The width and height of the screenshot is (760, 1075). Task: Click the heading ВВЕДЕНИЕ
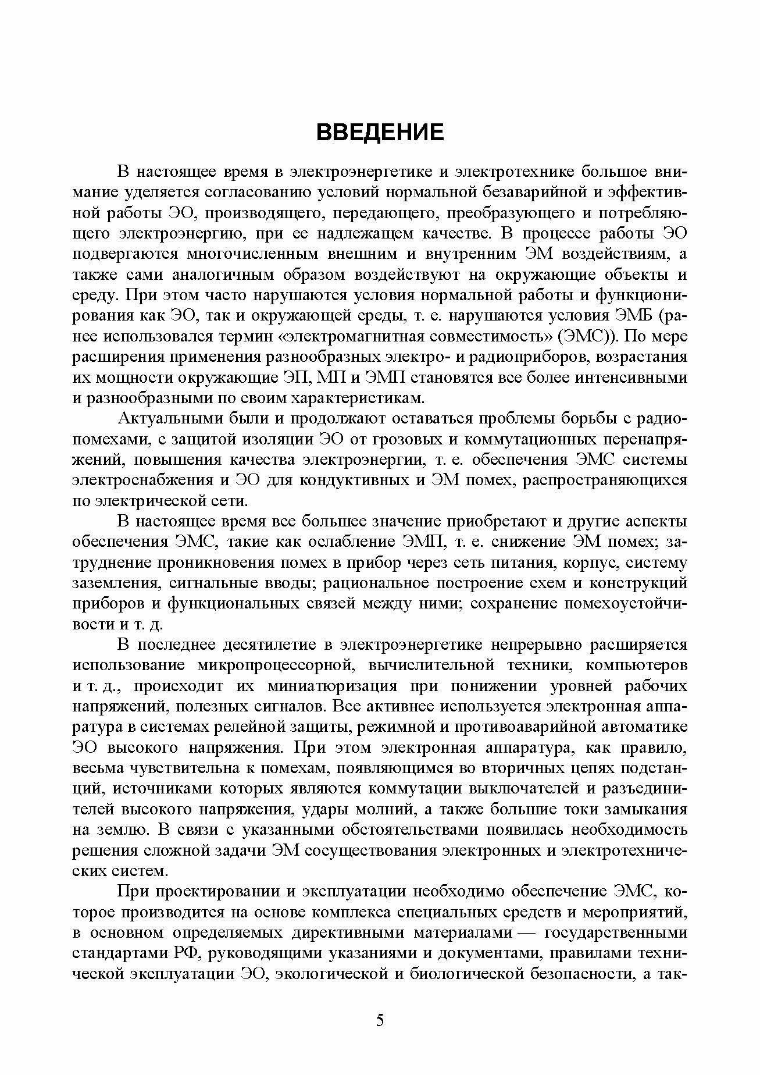click(x=380, y=133)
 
